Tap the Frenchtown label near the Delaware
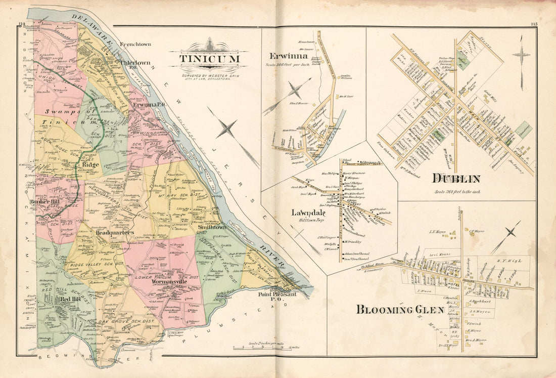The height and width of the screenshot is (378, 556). pos(135,44)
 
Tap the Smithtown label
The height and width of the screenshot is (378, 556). pos(213,228)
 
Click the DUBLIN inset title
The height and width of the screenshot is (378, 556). pos(456,178)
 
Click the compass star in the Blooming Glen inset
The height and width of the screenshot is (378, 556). pos(511,232)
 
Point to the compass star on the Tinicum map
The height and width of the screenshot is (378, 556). pos(227,129)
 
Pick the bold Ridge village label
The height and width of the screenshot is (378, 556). pos(90,164)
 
